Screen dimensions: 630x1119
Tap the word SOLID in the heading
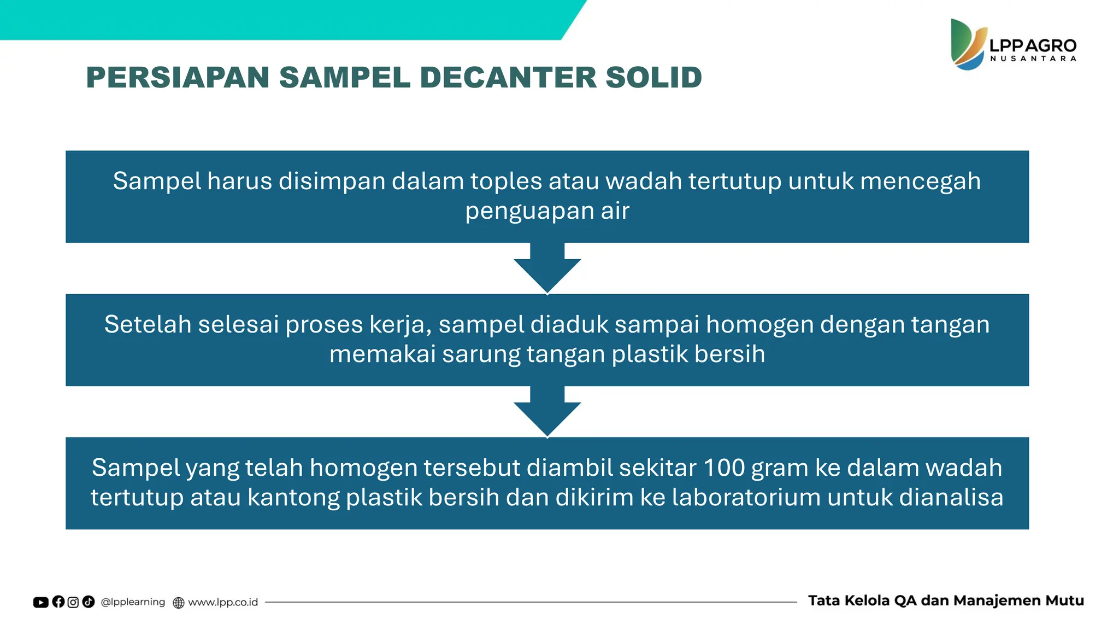653,77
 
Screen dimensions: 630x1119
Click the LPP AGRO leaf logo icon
968,45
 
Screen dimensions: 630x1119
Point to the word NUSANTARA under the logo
1033,59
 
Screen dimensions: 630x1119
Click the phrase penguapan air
547,211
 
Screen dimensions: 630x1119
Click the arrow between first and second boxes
547,269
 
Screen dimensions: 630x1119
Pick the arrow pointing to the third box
547,412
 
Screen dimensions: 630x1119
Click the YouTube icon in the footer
41,602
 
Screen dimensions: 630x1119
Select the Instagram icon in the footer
73,602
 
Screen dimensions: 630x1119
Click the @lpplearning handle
133,602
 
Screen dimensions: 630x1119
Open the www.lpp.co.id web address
222,602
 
